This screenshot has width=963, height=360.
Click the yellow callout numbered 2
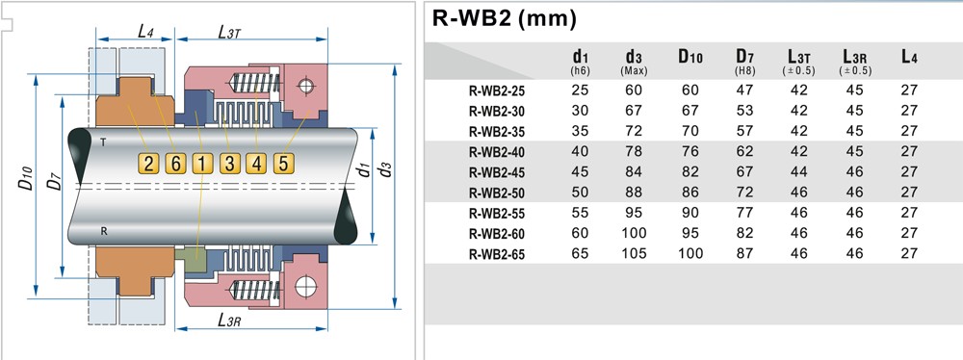coord(148,164)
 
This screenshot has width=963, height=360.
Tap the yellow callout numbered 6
coord(174,164)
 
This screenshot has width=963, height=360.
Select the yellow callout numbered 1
coord(201,164)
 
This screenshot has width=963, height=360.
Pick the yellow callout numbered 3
coord(229,164)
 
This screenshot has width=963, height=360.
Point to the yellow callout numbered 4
coord(256,164)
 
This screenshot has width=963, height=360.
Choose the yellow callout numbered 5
coord(283,164)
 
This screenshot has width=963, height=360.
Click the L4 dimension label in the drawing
coord(145,32)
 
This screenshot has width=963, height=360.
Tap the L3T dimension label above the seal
coord(229,33)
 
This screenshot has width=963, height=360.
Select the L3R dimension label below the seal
coord(228,321)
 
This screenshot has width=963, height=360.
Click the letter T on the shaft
coord(103,141)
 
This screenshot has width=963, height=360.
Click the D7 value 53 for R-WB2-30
coord(744,109)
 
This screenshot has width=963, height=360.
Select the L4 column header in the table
coord(909,58)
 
